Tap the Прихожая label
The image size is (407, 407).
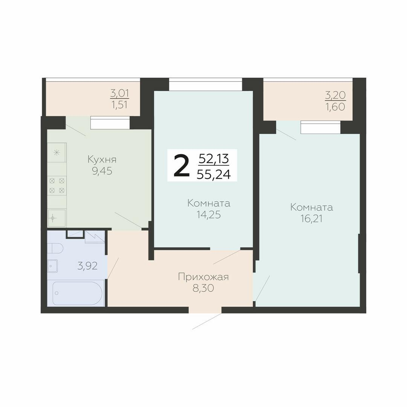pyautogui.click(x=203, y=277)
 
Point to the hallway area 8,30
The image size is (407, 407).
pyautogui.click(x=203, y=289)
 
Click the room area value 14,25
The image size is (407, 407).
pyautogui.click(x=209, y=215)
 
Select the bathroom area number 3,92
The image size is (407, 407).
pyautogui.click(x=87, y=266)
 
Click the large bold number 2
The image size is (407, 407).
pyautogui.click(x=181, y=166)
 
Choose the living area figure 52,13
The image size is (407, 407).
pyautogui.click(x=214, y=159)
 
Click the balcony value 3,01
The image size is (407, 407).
pyautogui.click(x=119, y=93)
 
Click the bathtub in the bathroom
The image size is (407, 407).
pyautogui.click(x=77, y=293)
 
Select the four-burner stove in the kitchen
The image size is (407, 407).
pyautogui.click(x=57, y=185)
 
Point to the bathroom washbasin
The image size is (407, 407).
pyautogui.click(x=52, y=266)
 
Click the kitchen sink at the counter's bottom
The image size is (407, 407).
pyautogui.click(x=57, y=218)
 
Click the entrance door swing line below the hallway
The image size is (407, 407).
pyautogui.click(x=207, y=321)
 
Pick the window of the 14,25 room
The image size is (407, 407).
pyautogui.click(x=205, y=84)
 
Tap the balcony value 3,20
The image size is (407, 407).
pyautogui.click(x=335, y=95)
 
